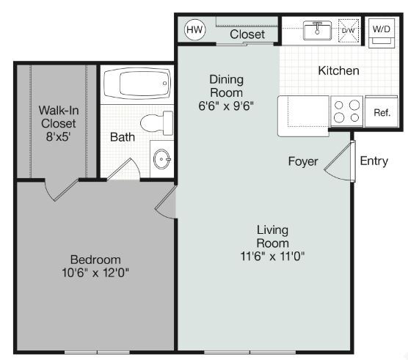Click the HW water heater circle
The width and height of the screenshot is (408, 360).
click(194, 30)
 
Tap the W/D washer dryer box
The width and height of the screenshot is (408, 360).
click(382, 32)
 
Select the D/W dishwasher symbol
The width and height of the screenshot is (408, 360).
click(349, 31)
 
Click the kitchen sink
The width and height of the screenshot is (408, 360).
click(318, 31)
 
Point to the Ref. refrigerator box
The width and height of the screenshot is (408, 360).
click(382, 112)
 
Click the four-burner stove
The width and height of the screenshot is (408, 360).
click(347, 111)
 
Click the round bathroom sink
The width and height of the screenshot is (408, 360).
click(162, 158)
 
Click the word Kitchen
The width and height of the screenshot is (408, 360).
click(338, 71)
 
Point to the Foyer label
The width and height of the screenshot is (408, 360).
click(302, 161)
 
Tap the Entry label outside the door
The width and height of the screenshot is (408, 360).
click(374, 161)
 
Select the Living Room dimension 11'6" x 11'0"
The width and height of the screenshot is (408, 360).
click(272, 256)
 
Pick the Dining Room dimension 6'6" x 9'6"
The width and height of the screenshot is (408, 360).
click(226, 105)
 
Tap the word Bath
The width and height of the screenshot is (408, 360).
click(122, 137)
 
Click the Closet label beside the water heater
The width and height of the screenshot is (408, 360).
click(247, 34)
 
